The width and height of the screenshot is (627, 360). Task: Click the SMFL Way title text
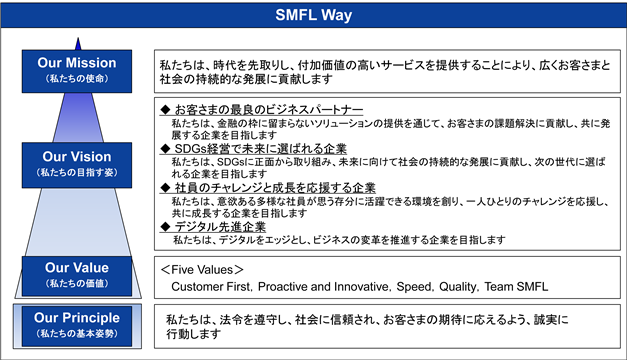click(x=314, y=15)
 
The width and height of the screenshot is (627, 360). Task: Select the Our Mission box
click(x=77, y=71)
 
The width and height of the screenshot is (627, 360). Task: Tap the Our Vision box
click(x=77, y=165)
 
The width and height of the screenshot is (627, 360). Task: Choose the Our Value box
click(x=77, y=276)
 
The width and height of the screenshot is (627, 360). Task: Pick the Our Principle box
click(x=77, y=326)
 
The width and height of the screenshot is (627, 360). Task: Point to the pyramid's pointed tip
click(x=78, y=38)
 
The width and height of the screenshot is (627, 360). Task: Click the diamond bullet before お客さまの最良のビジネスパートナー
click(x=165, y=110)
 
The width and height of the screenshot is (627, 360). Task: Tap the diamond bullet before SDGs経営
click(x=165, y=149)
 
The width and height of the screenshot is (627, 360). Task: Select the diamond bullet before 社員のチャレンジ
click(x=165, y=188)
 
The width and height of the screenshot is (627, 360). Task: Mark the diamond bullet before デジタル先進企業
click(x=165, y=227)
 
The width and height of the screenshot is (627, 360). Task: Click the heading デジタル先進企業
click(x=220, y=227)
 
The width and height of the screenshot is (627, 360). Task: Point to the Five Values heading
click(x=202, y=270)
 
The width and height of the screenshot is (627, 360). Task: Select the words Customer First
click(x=211, y=287)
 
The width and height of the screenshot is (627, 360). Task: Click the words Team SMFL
click(x=516, y=287)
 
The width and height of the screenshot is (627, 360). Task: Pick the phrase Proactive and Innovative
click(x=323, y=287)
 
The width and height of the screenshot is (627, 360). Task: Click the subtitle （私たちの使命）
click(x=77, y=78)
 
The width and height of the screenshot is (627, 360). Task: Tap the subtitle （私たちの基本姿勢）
click(x=77, y=333)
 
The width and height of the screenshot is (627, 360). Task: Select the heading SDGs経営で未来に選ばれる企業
click(x=261, y=149)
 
